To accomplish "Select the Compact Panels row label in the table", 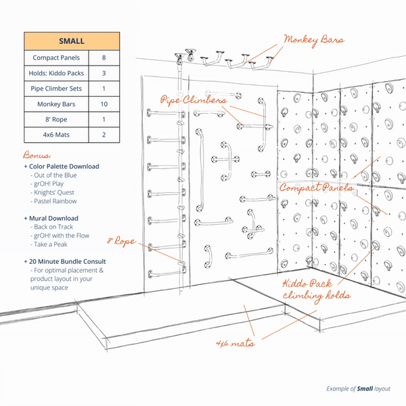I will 58,58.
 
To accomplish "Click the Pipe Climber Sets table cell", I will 58,89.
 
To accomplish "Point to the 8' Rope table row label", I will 58,119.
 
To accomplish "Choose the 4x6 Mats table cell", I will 58,135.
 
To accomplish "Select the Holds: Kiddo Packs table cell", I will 58,73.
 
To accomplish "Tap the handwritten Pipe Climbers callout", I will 193,100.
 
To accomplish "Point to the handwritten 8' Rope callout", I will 122,241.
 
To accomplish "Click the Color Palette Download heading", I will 62,166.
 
